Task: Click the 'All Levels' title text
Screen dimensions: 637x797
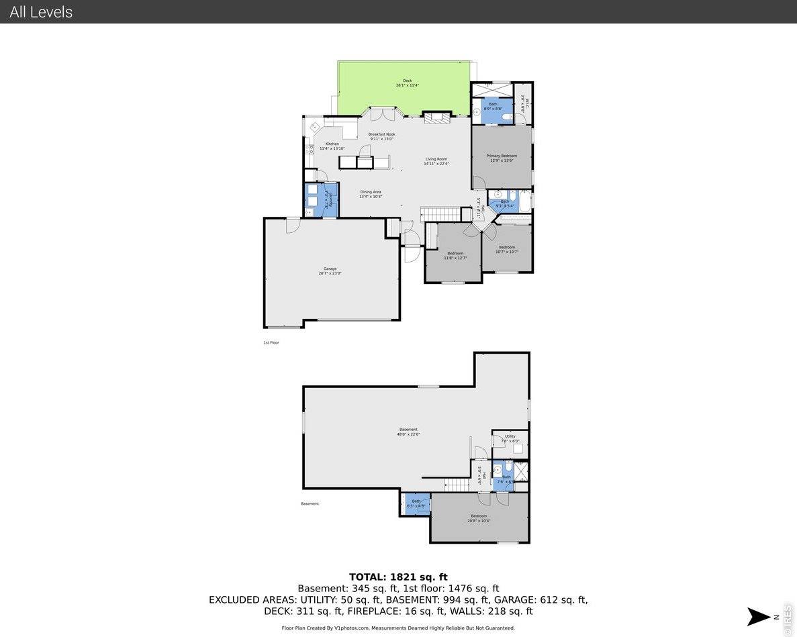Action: pos(41,12)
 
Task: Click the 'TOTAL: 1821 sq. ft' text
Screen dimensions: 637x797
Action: pos(398,577)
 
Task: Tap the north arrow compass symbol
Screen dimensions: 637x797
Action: pos(759,616)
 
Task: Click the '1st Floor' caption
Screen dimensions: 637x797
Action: pos(271,342)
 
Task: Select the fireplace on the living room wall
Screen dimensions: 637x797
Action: pos(436,117)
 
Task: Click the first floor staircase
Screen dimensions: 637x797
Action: pos(440,214)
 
